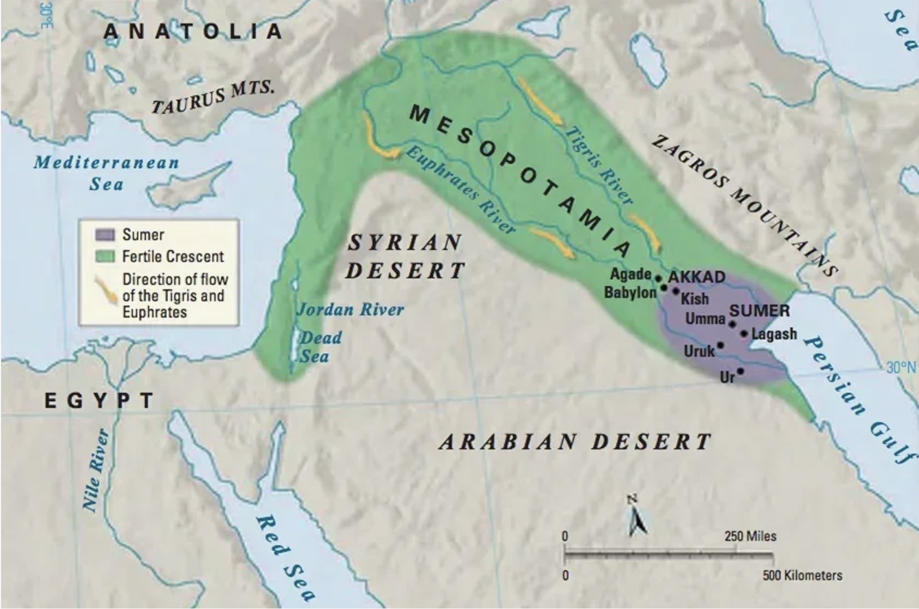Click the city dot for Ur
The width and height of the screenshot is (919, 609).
point(740,372)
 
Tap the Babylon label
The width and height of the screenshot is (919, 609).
point(630,293)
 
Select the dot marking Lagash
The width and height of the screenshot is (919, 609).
point(744,333)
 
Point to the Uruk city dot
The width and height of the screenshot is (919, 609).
point(721,345)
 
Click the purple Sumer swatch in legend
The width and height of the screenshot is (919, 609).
point(105,235)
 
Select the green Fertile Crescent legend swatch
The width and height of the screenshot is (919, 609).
point(105,256)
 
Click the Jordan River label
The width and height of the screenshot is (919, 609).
point(350,310)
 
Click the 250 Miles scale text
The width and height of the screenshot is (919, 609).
point(750,537)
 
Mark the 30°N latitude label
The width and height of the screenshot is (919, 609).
point(900,368)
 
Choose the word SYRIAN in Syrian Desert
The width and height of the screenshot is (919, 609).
point(405,242)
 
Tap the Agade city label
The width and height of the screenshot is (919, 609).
point(630,274)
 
